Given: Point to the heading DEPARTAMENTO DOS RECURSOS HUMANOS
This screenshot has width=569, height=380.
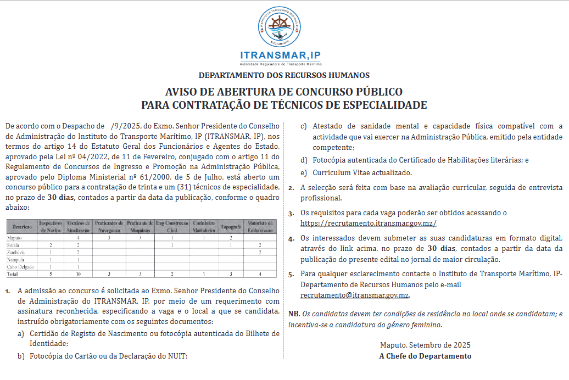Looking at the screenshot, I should click(284, 75).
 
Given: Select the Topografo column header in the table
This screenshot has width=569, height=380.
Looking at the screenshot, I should click(231, 226).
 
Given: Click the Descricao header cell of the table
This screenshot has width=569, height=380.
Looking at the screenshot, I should click(21, 226).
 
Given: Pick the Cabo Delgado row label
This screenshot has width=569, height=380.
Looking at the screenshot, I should click(21, 266).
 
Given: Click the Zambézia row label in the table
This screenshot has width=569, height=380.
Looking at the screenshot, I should click(18, 252).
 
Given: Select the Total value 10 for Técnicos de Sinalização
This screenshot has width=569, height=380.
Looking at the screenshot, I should click(79, 273).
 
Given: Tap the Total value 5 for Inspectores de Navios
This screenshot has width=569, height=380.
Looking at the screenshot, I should click(51, 273).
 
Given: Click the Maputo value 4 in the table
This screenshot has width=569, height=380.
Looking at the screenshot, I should click(79, 238).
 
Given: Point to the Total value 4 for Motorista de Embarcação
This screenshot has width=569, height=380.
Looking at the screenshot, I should click(260, 273).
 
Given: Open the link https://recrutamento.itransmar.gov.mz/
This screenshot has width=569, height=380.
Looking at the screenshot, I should click(368, 223).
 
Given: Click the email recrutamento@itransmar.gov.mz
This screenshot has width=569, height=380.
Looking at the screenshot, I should click(355, 295).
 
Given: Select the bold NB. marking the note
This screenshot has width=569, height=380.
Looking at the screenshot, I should click(294, 314).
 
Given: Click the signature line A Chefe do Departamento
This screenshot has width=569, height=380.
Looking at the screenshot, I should click(425, 356).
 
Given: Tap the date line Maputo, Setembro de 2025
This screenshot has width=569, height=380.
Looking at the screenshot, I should click(425, 345).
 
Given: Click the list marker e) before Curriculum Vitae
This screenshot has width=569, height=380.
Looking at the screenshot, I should click(304, 172).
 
